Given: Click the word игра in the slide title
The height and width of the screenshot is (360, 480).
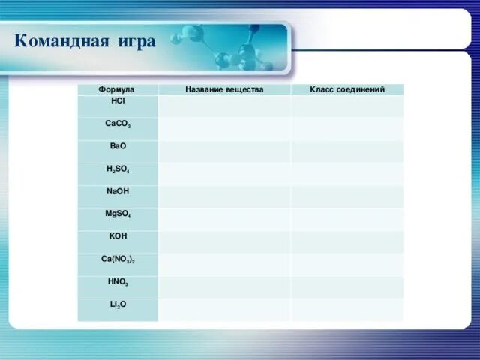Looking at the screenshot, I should [136, 41].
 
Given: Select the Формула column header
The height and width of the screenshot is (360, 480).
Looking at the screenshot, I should [117, 89].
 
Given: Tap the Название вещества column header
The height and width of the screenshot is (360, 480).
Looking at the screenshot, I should [224, 89].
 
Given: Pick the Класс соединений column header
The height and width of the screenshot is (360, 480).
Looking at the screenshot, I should [347, 89].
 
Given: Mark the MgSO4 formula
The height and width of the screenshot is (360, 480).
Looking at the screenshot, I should [118, 214].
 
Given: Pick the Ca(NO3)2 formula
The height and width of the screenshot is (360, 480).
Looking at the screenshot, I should [118, 259].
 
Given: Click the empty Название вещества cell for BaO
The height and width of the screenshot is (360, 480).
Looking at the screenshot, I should [224, 151].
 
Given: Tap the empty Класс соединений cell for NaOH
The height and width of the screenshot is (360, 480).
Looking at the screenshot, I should [347, 196].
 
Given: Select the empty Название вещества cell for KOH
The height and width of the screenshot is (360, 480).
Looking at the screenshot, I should [224, 241].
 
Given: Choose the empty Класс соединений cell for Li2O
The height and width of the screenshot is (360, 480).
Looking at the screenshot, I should [347, 310].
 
